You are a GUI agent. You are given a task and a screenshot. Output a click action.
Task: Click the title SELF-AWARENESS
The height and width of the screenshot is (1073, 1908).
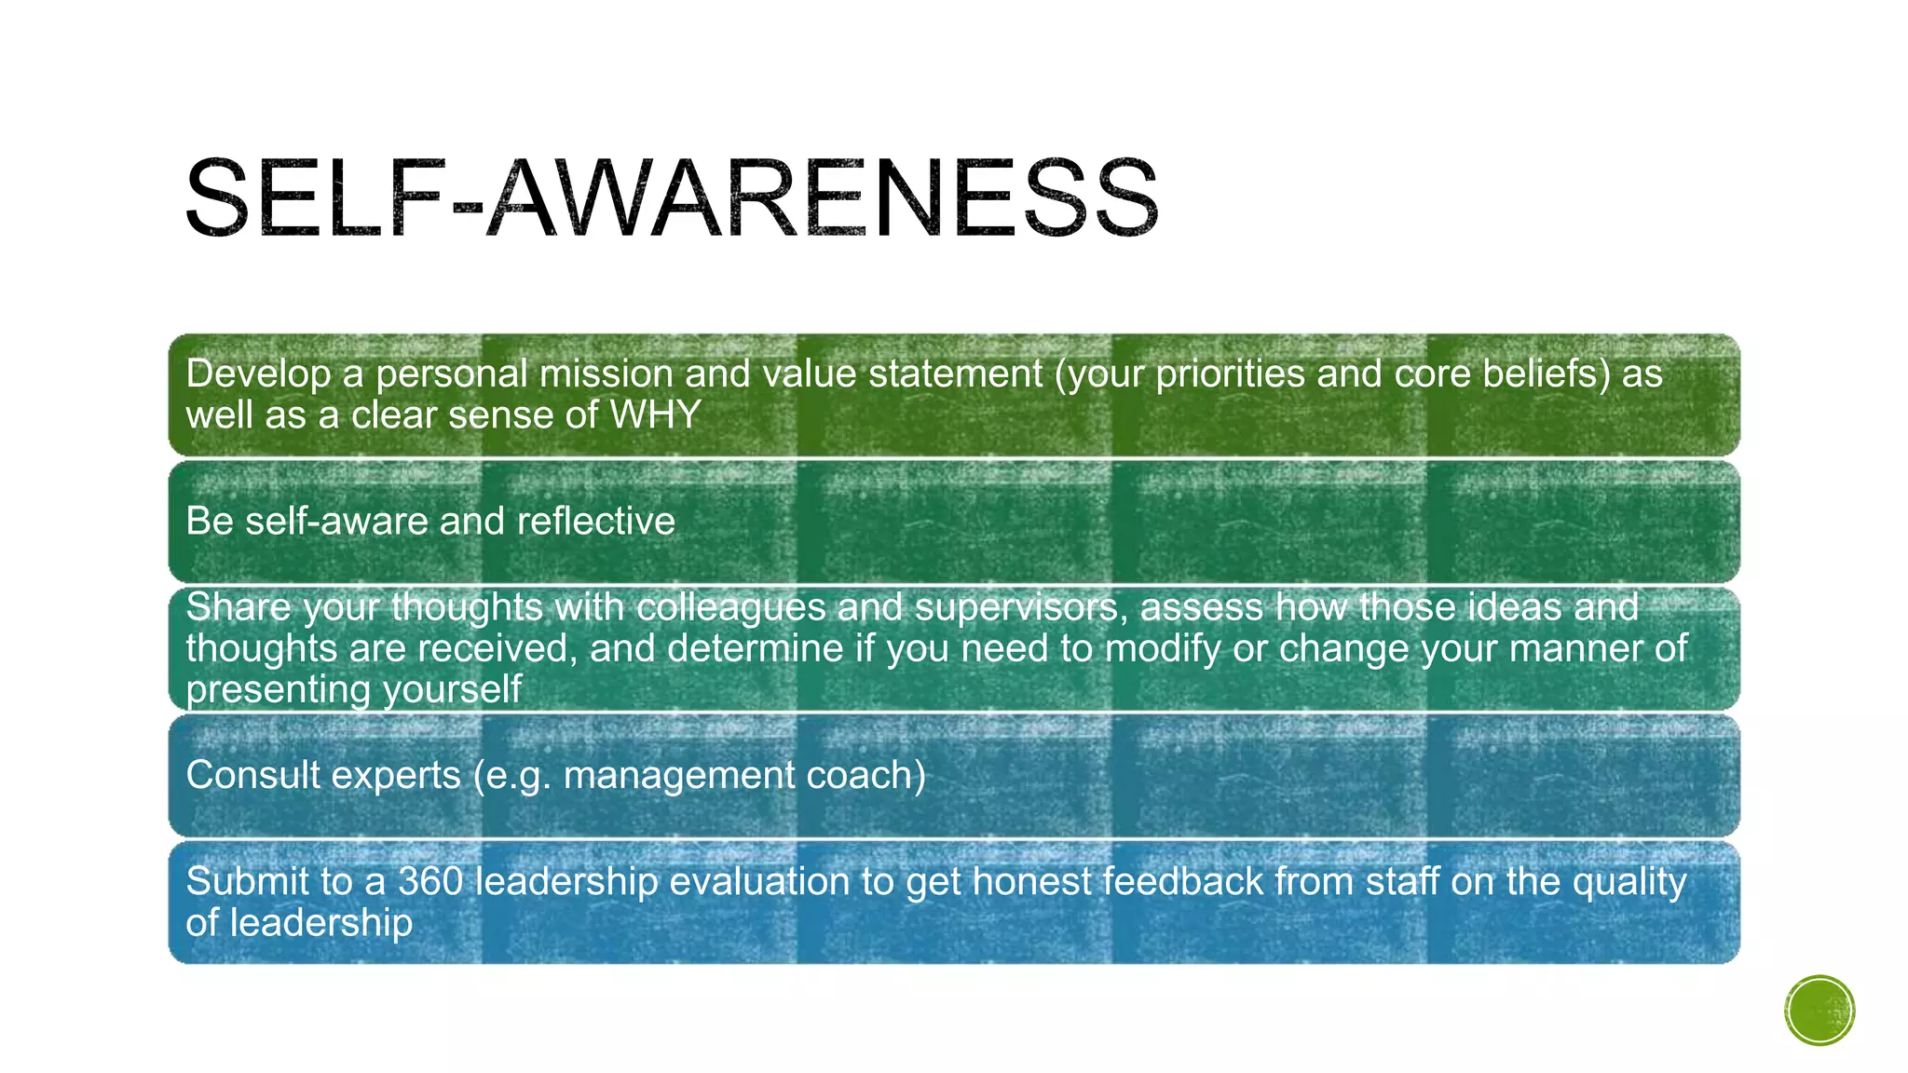click(x=671, y=197)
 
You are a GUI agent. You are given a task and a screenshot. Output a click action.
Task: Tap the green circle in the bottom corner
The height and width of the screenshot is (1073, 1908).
click(x=1819, y=1011)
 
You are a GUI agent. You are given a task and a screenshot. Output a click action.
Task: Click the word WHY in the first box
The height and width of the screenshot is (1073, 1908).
click(x=655, y=415)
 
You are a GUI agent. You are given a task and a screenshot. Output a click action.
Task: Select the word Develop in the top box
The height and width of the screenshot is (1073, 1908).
click(x=258, y=374)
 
